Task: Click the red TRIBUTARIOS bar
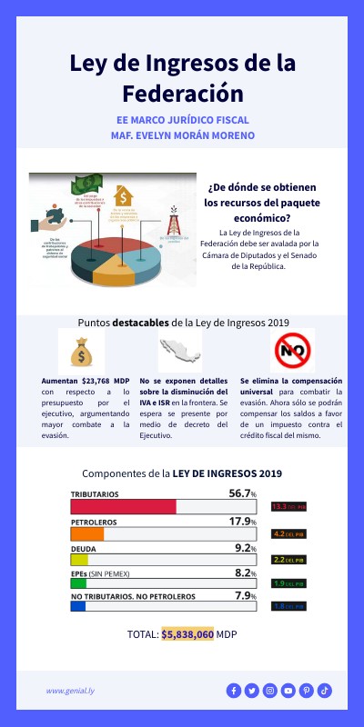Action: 123,506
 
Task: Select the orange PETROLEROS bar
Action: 87,534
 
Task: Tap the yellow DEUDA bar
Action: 79,559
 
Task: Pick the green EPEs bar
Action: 78,583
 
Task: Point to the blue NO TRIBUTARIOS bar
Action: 78,606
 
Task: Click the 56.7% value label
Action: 242,493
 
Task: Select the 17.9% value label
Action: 242,522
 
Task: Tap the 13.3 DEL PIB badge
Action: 289,506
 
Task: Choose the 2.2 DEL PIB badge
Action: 289,559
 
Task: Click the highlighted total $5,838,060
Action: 187,634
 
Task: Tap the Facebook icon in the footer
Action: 233,691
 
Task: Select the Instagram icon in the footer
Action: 269,691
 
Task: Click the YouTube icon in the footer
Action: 288,691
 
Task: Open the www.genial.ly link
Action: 71,691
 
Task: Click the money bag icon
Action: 81,350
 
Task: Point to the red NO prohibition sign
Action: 292,350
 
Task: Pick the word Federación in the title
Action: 182,94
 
